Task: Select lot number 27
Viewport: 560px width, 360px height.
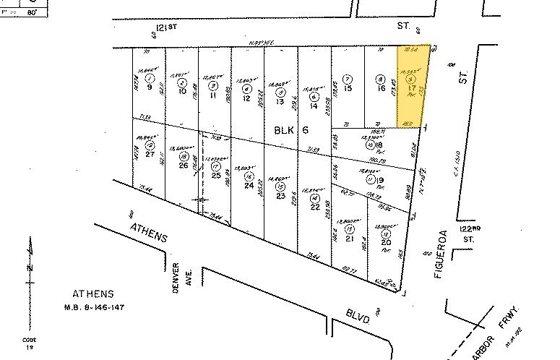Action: coord(149,153)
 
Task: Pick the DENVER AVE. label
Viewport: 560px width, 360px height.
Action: coord(181,273)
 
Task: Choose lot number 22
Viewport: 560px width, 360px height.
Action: coord(314,207)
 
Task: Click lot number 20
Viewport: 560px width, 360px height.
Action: coord(385,243)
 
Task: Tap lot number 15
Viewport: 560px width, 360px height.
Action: coord(348,87)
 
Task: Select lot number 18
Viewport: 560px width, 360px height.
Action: coord(378,145)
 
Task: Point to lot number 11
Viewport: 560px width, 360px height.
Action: coord(215,95)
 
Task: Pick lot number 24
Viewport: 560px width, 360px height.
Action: coord(249,186)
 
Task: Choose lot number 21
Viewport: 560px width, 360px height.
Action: coord(350,239)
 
